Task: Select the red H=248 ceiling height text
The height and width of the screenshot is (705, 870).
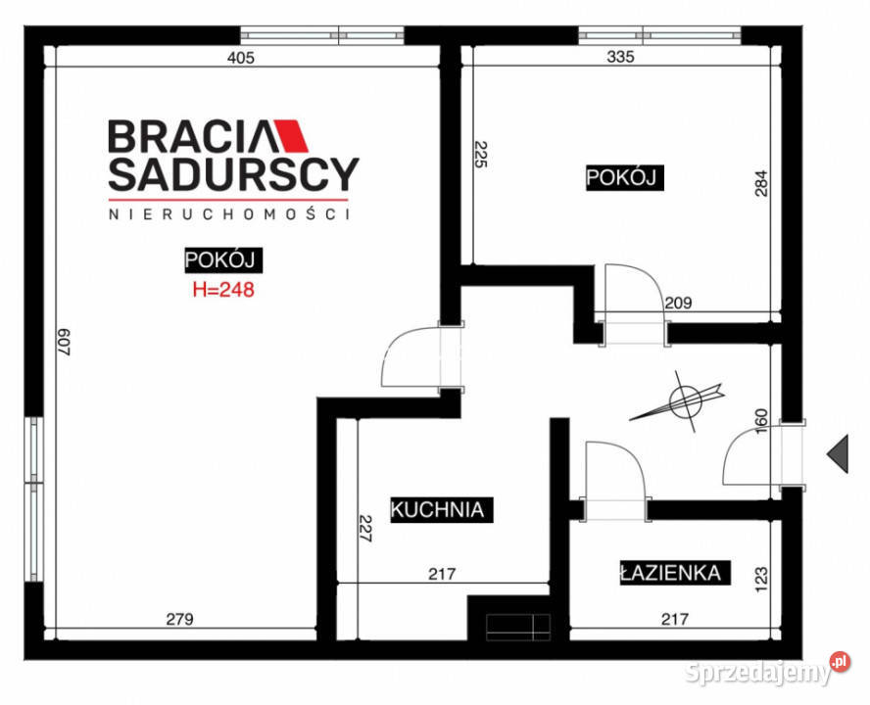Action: (x=223, y=290)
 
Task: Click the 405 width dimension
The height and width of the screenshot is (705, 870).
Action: (x=241, y=57)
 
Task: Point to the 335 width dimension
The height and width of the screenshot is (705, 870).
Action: (x=620, y=57)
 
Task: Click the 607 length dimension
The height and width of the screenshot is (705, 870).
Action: (x=65, y=342)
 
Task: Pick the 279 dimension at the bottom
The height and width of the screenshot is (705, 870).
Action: (x=179, y=619)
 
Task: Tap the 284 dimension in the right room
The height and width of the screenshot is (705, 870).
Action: (x=761, y=183)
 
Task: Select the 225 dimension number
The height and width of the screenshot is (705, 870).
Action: (x=480, y=155)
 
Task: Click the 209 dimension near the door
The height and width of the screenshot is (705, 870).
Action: (x=678, y=303)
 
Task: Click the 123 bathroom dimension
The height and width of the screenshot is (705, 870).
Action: (x=761, y=579)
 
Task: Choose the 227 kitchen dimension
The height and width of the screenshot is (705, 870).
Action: (x=365, y=528)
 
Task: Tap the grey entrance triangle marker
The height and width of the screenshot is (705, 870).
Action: (x=838, y=453)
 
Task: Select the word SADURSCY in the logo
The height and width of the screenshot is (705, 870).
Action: (x=233, y=173)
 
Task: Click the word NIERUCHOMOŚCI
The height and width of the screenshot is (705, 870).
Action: (x=229, y=214)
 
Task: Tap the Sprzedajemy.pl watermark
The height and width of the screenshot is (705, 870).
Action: (x=767, y=670)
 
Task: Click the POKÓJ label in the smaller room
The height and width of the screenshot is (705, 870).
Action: (x=625, y=177)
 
